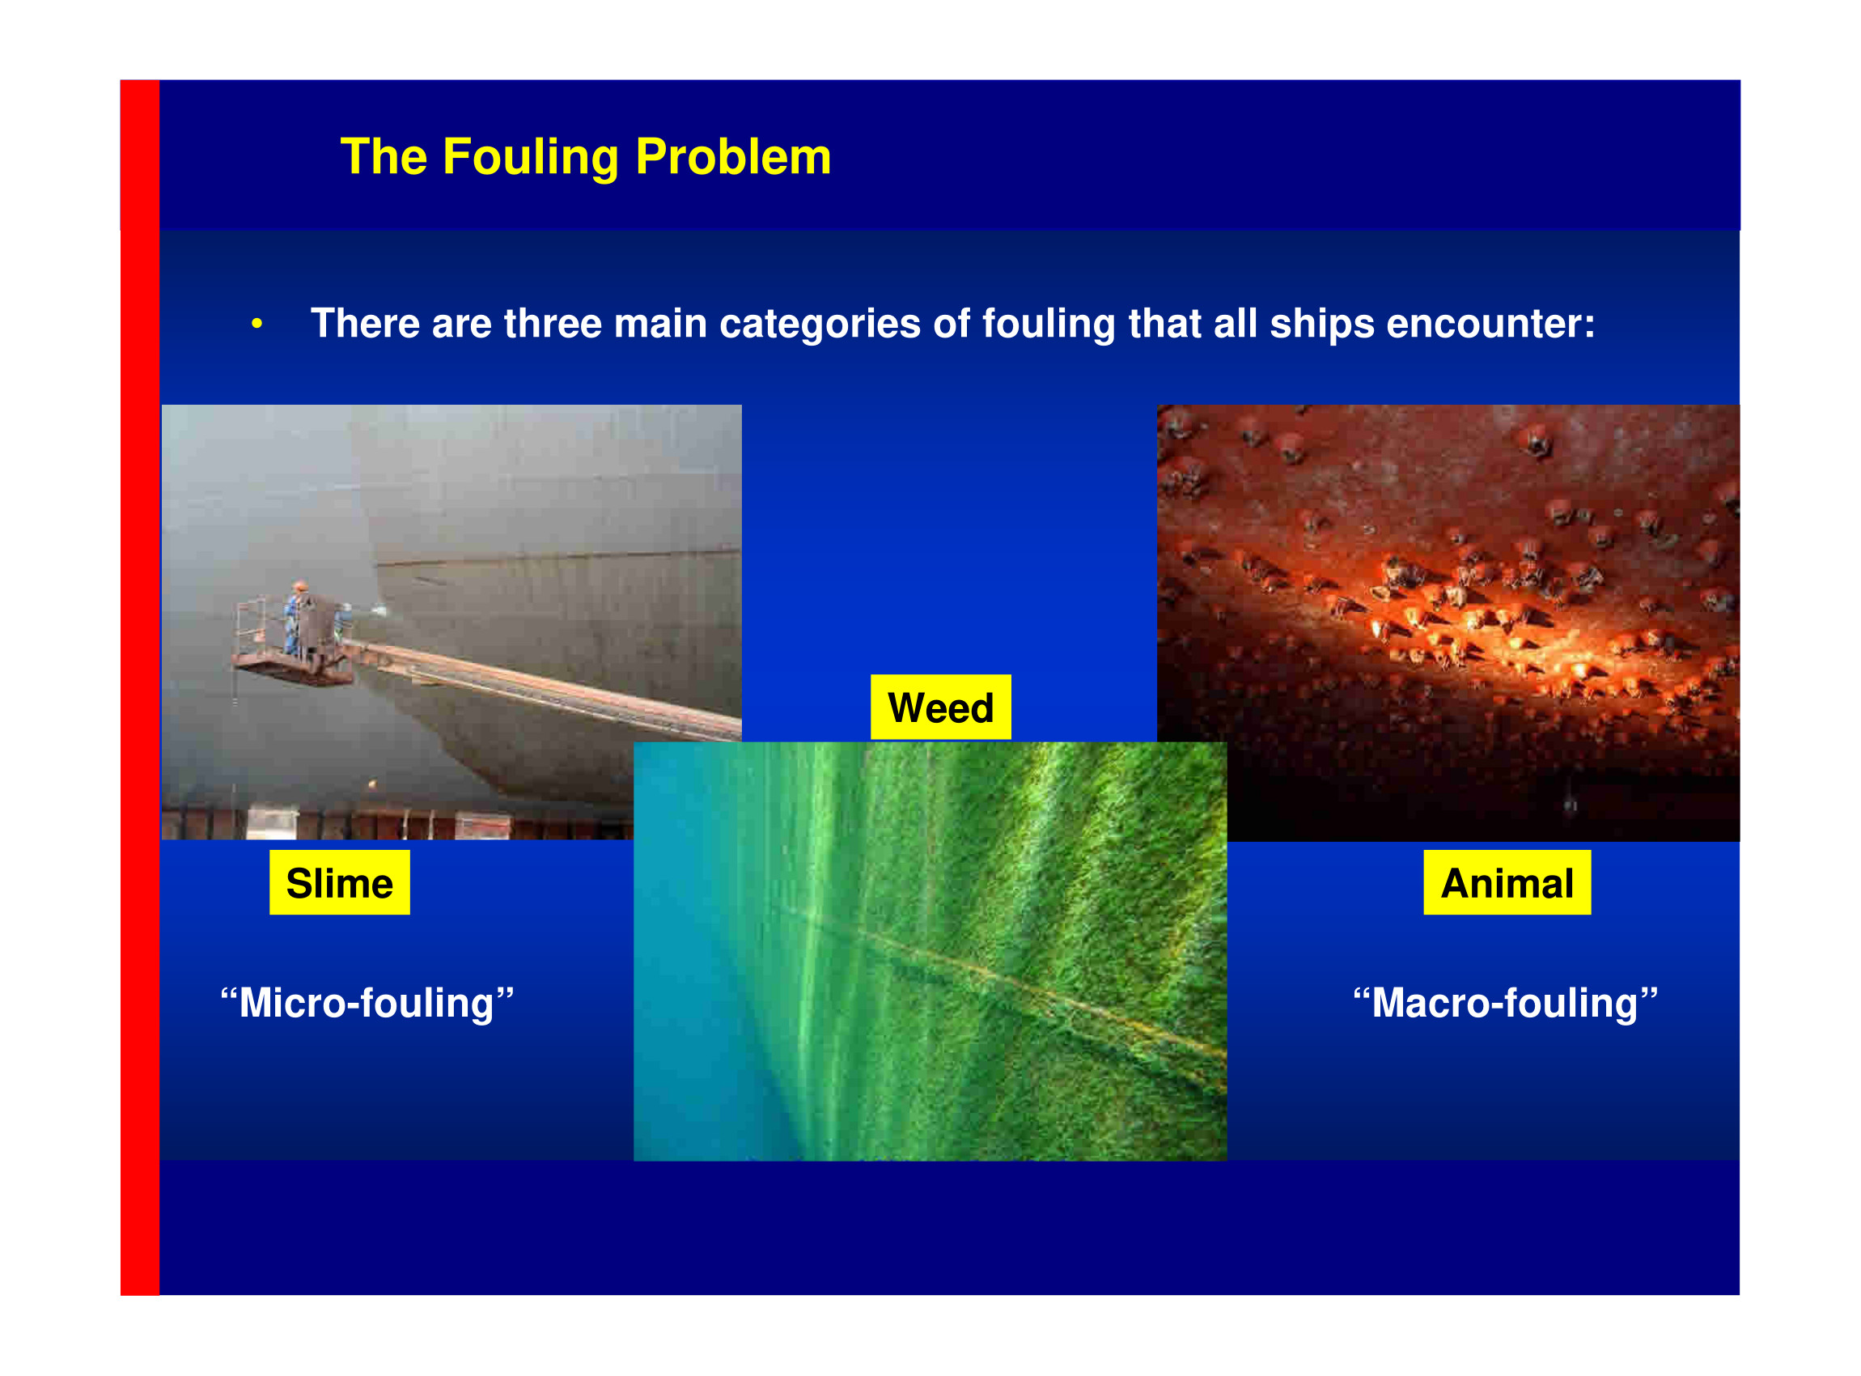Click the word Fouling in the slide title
point(531,157)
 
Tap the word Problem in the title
point(734,157)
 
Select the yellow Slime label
point(340,883)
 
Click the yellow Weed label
point(941,707)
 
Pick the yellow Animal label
point(1507,883)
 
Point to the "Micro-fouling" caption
point(367,1003)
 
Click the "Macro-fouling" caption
point(1506,1003)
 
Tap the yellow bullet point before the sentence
point(257,323)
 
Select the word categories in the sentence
point(820,325)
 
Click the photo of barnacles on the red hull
point(1448,622)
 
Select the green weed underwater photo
point(930,951)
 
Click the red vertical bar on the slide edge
point(140,687)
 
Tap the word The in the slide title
point(383,157)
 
